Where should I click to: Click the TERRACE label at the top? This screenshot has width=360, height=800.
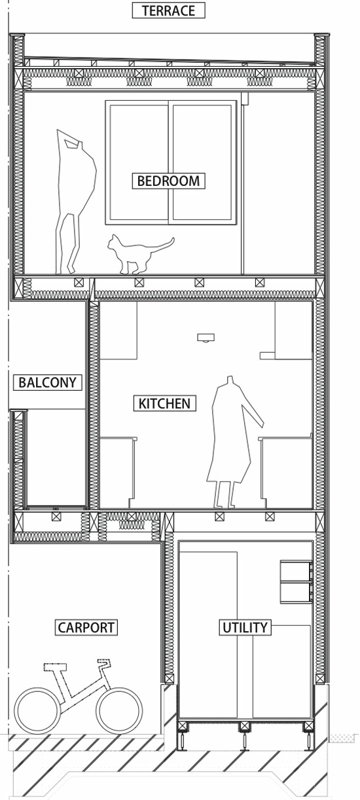[x=169, y=10]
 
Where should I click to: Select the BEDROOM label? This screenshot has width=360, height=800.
[x=169, y=181]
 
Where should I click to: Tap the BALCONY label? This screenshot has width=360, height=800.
[x=48, y=382]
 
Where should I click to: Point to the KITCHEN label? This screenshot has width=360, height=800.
[x=165, y=403]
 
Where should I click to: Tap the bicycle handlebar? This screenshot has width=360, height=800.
[x=103, y=661]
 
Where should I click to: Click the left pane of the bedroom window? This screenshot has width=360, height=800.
[x=137, y=162]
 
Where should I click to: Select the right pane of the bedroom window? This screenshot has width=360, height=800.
[x=202, y=162]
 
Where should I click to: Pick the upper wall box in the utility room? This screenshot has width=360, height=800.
[x=296, y=571]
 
